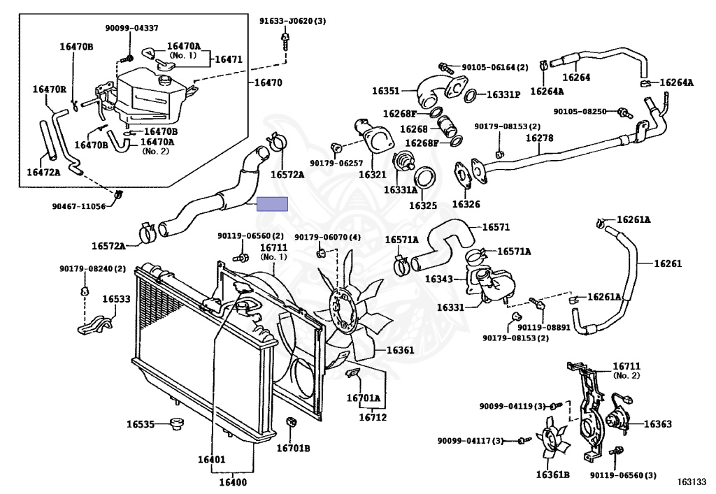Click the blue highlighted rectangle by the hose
(x=272, y=204)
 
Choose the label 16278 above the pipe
(x=540, y=138)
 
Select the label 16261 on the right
(x=668, y=263)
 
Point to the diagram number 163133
(x=691, y=481)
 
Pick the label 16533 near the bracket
(x=117, y=298)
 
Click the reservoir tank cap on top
(x=167, y=82)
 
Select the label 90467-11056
(x=78, y=206)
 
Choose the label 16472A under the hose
(x=43, y=171)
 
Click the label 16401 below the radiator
(x=210, y=459)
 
